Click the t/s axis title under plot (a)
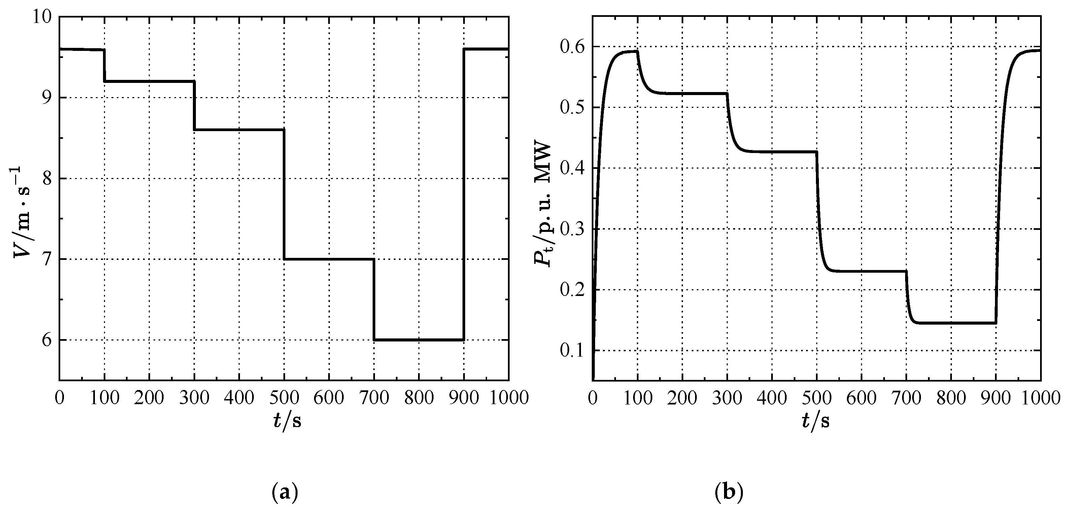coord(286,421)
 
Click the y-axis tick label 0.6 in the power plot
coord(572,47)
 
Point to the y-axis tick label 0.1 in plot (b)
coord(572,351)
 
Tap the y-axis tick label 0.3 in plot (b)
coord(572,229)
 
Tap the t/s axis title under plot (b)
coord(816,421)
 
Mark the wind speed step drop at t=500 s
coord(284,194)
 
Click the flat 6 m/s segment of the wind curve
coord(418,340)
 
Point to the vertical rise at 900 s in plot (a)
coord(464,194)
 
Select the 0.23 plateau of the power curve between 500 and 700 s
coord(868,271)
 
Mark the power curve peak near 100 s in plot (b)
coord(632,51)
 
